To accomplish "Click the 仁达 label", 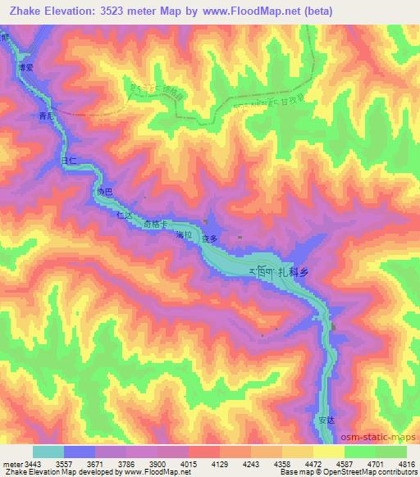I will pos(125,216).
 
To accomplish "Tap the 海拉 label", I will pos(184,235).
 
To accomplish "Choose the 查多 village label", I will pos(210,238).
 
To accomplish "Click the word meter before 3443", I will pos(12,463).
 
